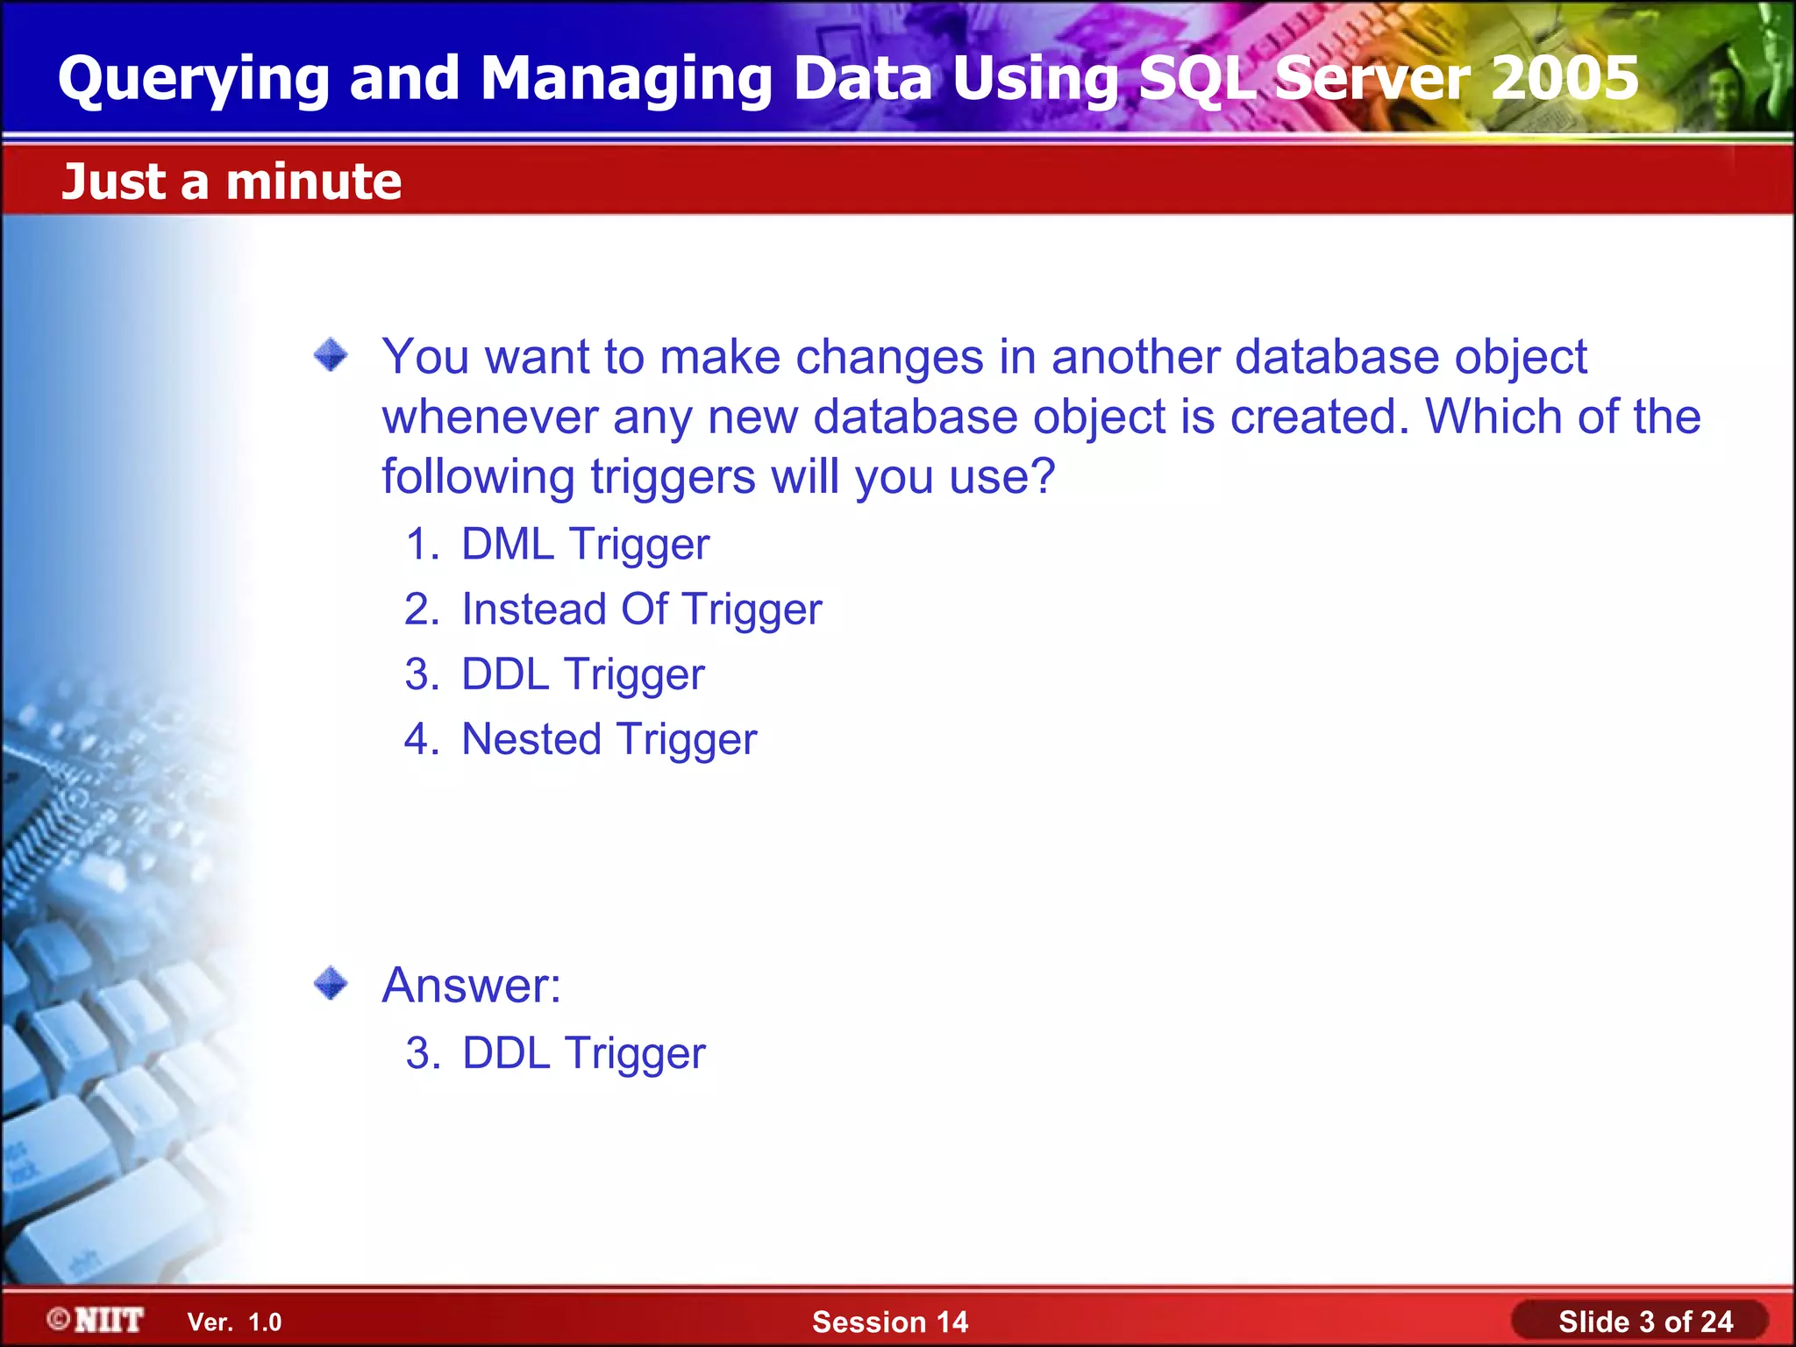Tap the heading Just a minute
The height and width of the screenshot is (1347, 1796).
coord(232,182)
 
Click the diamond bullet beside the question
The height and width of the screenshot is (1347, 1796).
coord(331,355)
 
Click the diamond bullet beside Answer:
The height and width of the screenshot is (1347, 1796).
coord(331,983)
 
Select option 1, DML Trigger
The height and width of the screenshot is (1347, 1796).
coord(584,545)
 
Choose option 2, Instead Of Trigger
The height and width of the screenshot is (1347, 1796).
coord(641,609)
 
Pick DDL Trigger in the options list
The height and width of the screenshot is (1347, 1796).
coord(582,674)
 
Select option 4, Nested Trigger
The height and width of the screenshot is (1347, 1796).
coord(609,739)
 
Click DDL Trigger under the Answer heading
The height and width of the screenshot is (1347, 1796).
coord(583,1053)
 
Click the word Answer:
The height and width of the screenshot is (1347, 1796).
coord(471,985)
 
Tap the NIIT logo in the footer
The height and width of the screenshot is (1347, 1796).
coord(96,1320)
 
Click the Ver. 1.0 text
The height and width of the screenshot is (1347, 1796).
coord(234,1322)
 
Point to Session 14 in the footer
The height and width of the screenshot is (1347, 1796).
coord(889,1322)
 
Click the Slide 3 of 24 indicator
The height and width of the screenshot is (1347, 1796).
coord(1644,1322)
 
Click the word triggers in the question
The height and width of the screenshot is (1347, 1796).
coord(672,477)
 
